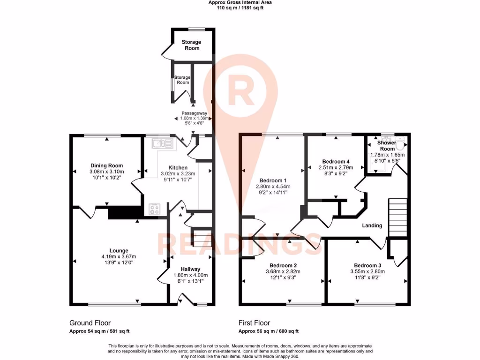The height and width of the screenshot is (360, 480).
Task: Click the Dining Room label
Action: pos(107,165)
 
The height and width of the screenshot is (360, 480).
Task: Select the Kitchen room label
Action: pos(178,168)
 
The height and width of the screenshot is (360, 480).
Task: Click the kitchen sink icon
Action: pos(162,142)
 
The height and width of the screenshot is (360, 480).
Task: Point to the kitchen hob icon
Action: pos(155,209)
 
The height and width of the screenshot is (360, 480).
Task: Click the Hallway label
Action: pos(191,269)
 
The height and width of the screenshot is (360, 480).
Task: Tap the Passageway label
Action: pos(195,113)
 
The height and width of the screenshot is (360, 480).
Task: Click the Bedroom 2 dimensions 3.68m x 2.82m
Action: pos(283,271)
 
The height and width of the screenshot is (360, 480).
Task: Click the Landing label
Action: pos(372,225)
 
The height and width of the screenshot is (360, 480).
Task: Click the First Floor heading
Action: pos(254,323)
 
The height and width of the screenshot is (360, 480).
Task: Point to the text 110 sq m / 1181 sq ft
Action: pos(240,8)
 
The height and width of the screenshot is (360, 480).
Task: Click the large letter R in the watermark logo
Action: pos(240,91)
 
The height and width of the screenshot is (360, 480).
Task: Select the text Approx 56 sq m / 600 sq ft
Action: pos(269,331)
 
